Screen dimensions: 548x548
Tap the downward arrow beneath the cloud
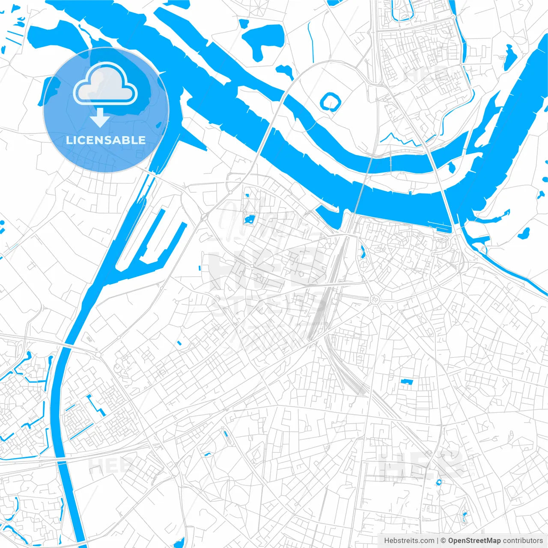click(x=100, y=118)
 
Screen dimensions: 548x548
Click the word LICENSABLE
click(x=106, y=140)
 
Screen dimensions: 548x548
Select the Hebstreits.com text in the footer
click(x=409, y=541)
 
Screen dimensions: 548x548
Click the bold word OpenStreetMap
click(x=474, y=541)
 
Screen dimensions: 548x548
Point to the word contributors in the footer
click(x=523, y=541)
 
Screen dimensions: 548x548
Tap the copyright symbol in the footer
click(x=444, y=541)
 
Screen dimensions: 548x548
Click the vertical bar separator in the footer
click(x=438, y=541)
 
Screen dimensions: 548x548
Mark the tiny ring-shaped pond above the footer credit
click(x=438, y=482)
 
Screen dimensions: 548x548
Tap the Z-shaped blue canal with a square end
click(x=96, y=405)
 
